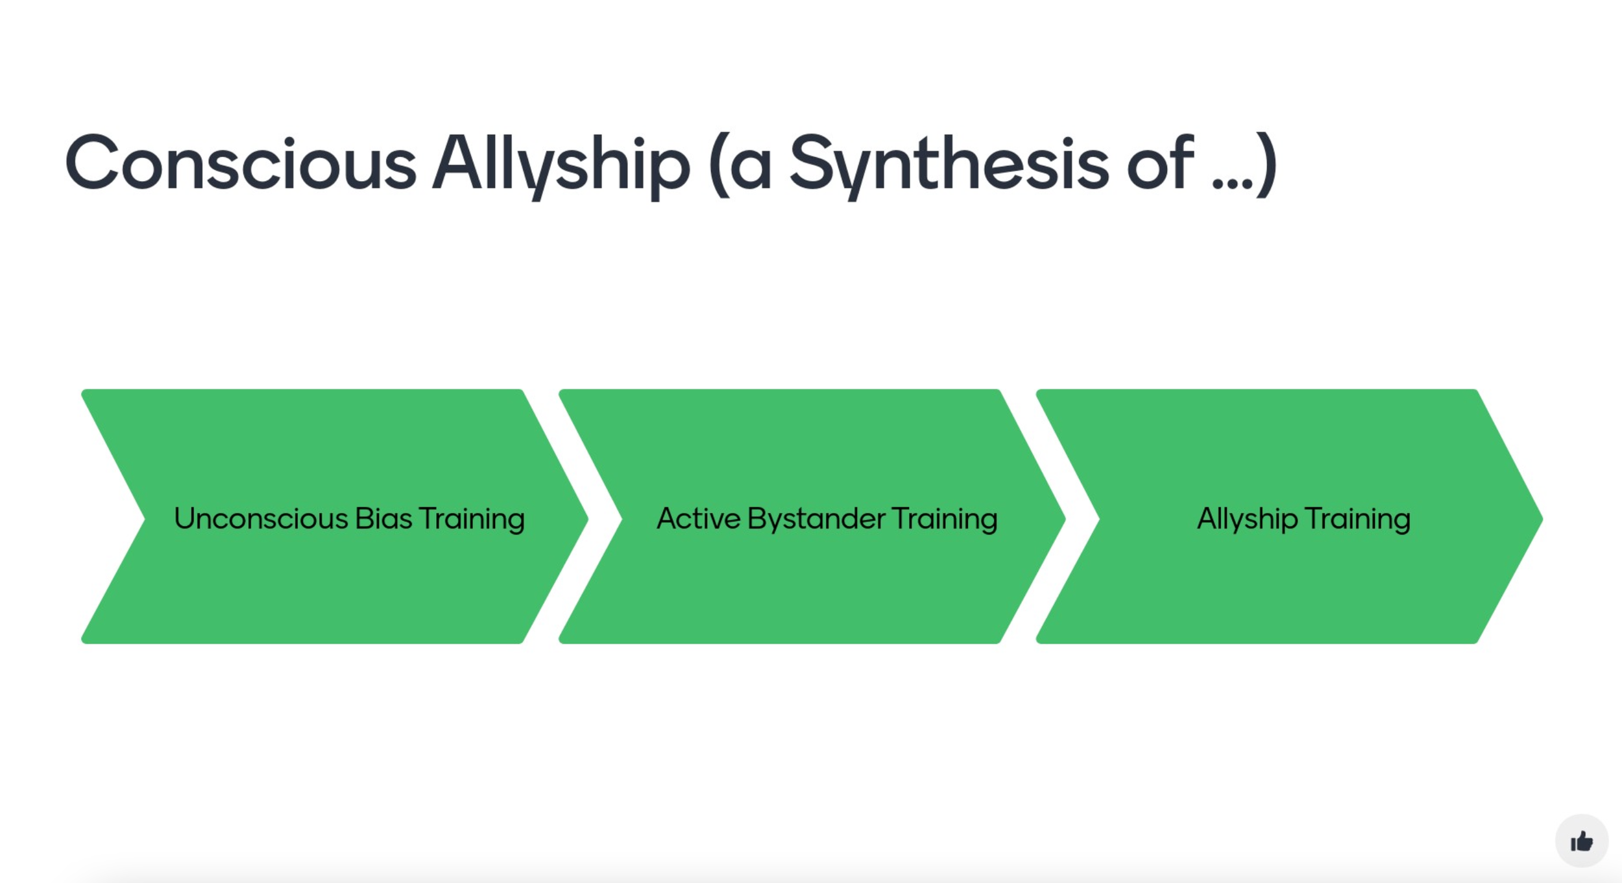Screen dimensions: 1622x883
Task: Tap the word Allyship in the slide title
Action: pos(561,164)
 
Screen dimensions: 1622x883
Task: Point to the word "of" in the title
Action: pos(1160,164)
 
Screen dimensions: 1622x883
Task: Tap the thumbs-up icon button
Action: pos(1581,841)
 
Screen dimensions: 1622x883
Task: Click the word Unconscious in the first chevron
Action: pos(261,519)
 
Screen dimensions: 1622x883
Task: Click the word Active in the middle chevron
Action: pos(698,519)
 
